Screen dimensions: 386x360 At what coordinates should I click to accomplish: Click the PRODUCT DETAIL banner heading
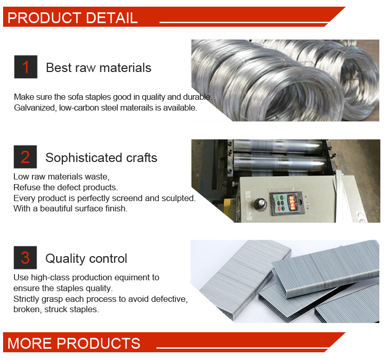pyautogui.click(x=73, y=17)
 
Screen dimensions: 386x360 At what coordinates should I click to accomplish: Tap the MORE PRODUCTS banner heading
pyautogui.click(x=74, y=343)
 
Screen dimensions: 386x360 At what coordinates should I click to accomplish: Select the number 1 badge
pyautogui.click(x=26, y=67)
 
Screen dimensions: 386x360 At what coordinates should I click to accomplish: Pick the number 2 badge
pyautogui.click(x=25, y=157)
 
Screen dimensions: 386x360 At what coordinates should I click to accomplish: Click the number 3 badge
pyautogui.click(x=25, y=257)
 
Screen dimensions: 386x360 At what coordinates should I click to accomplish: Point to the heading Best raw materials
pyautogui.click(x=98, y=68)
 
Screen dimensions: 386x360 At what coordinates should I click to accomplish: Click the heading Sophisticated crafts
pyautogui.click(x=101, y=157)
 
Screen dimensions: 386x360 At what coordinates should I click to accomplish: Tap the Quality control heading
pyautogui.click(x=86, y=258)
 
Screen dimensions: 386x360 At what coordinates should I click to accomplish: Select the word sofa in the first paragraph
pyautogui.click(x=75, y=97)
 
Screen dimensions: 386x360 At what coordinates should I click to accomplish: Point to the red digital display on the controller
pyautogui.click(x=292, y=202)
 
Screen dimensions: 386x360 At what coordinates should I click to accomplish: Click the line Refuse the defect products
pyautogui.click(x=66, y=188)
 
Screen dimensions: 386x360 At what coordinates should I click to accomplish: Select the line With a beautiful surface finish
pyautogui.click(x=71, y=209)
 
